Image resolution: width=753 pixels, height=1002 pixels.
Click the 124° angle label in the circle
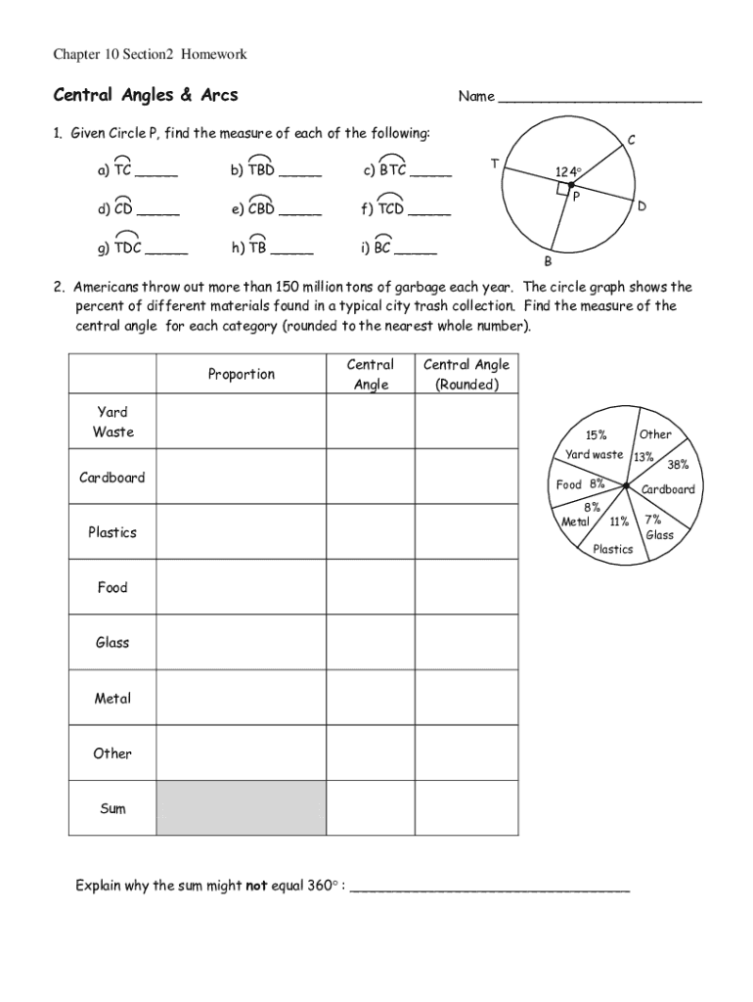click(x=568, y=172)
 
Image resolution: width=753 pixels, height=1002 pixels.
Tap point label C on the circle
click(x=632, y=141)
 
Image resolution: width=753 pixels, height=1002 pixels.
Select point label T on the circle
click(x=495, y=163)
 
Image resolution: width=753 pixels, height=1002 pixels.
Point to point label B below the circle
click(x=548, y=262)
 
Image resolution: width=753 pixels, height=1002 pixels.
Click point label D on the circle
click(x=642, y=206)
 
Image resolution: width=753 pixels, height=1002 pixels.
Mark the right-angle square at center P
click(x=562, y=188)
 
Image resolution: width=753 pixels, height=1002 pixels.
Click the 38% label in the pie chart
click(x=678, y=465)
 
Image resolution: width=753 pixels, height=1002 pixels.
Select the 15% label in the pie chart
click(x=596, y=435)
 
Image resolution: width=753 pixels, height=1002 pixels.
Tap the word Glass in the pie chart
click(x=659, y=535)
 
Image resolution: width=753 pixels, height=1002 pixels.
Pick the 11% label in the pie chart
click(x=619, y=522)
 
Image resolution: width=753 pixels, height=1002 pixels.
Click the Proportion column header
click(x=241, y=374)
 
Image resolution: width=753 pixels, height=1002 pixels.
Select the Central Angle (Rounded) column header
click(x=466, y=374)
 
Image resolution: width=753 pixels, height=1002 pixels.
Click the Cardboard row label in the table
click(x=112, y=478)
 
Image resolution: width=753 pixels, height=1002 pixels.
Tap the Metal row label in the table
click(x=112, y=699)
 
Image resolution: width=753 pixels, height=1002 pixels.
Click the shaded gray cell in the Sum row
click(x=241, y=808)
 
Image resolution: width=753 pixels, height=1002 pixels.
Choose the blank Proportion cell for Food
click(x=241, y=588)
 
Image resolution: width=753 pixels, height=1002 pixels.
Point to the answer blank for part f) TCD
click(x=429, y=211)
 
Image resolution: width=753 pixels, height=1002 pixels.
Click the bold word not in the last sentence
click(x=256, y=887)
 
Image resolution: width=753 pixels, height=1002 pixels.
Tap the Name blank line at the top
click(x=599, y=99)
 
